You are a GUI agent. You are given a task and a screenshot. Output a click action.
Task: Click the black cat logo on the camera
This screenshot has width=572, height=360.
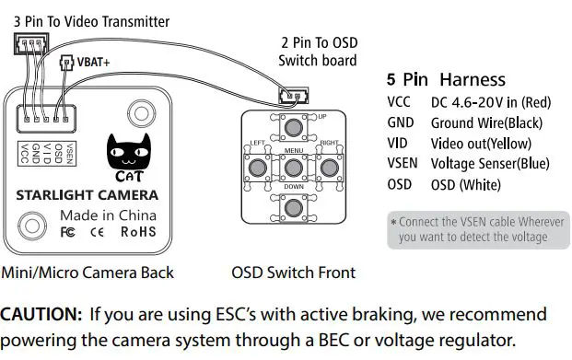[123, 152]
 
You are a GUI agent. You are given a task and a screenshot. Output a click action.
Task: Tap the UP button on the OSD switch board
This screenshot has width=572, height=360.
[294, 127]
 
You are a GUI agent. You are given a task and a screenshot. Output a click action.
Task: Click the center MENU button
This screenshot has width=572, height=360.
[294, 167]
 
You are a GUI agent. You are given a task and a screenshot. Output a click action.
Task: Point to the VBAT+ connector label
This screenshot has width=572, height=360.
[88, 64]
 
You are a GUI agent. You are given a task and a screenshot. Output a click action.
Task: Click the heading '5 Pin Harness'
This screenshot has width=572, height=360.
[446, 79]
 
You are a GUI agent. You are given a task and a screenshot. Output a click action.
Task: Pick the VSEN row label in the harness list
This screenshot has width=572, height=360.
[403, 164]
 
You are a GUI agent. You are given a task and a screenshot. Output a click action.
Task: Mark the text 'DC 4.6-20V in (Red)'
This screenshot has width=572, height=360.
[490, 101]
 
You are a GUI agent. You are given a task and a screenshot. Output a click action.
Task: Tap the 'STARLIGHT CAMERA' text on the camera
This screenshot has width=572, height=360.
[87, 195]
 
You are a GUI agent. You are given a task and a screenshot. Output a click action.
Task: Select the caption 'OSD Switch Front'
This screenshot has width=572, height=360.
[293, 273]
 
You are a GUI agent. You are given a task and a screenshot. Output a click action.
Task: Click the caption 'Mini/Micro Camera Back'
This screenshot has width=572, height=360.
[88, 273]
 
